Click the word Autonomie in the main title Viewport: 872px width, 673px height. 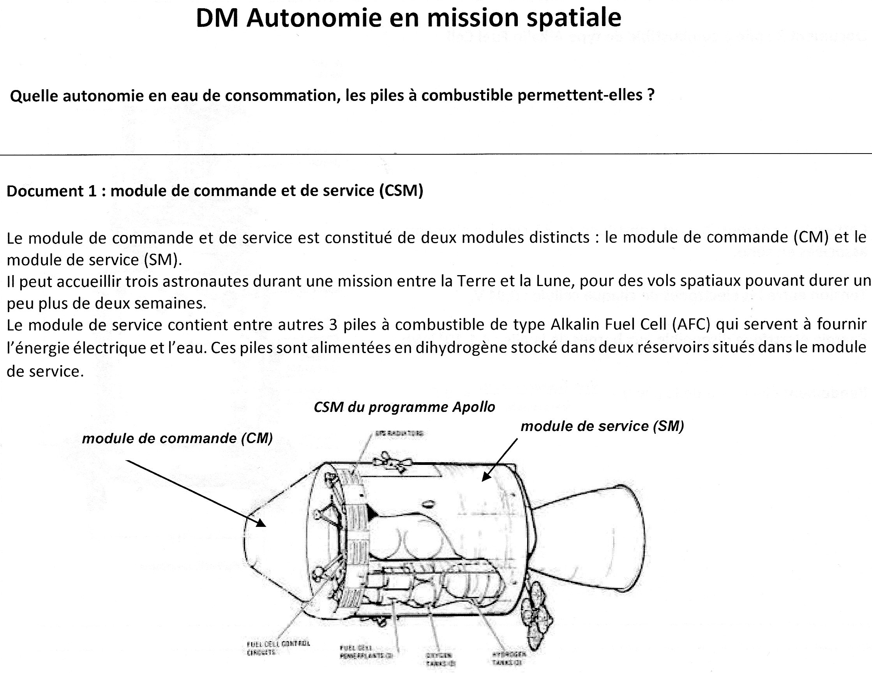click(x=314, y=18)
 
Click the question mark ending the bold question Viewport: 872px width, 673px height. click(x=650, y=95)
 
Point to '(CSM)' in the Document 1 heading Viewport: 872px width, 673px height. click(x=401, y=191)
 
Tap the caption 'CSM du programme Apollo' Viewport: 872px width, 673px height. click(x=404, y=407)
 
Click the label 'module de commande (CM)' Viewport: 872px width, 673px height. click(x=177, y=438)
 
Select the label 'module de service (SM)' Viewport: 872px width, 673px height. click(x=602, y=426)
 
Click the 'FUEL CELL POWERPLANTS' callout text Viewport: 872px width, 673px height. click(x=367, y=652)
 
